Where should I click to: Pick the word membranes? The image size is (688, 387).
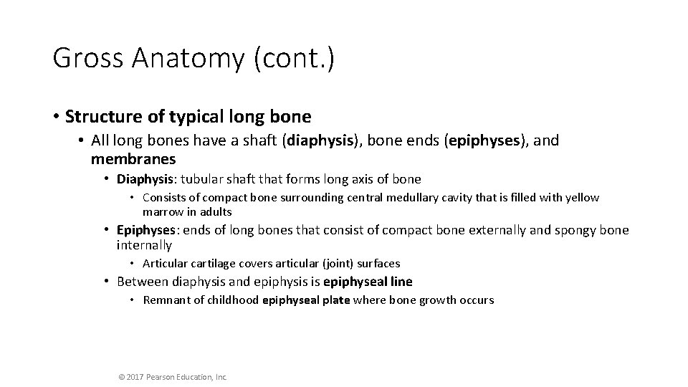(x=133, y=158)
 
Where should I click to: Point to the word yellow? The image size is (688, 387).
(x=582, y=198)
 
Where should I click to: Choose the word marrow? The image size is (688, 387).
(x=161, y=212)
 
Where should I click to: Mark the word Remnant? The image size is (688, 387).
(x=166, y=300)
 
